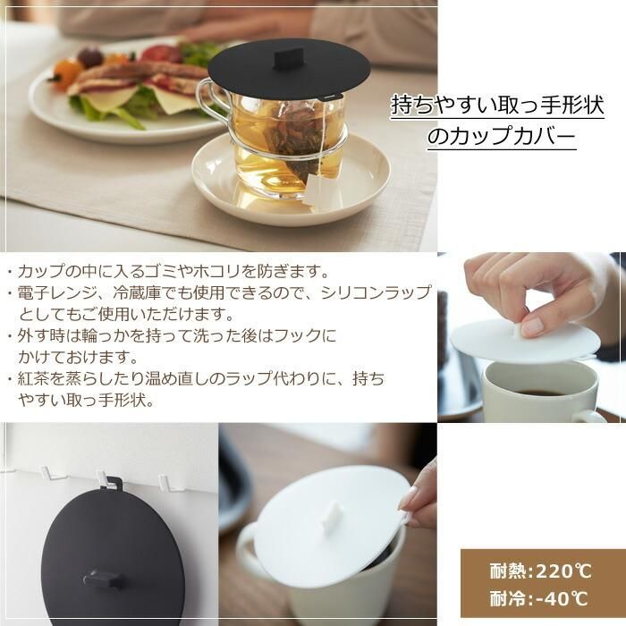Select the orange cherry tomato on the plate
click(65, 73)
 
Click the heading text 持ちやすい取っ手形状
click(497, 105)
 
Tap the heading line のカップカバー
click(502, 136)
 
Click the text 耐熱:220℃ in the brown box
click(540, 571)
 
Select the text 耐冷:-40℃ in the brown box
click(539, 599)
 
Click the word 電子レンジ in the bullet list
click(57, 293)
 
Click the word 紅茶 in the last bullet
click(33, 378)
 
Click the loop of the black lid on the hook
click(114, 484)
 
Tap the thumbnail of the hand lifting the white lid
click(531, 337)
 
